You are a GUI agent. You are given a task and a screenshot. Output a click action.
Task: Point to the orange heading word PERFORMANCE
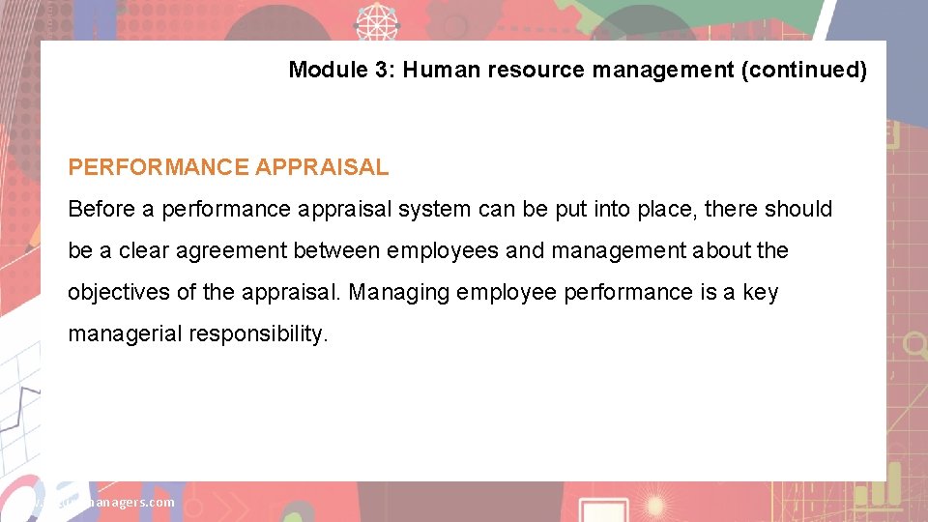click(159, 167)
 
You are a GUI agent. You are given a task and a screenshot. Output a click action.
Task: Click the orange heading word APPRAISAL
click(322, 167)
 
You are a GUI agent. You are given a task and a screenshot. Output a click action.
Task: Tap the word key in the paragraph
click(760, 292)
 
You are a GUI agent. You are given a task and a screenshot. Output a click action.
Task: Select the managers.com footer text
click(126, 502)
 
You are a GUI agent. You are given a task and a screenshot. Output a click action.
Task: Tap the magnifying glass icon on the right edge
click(913, 343)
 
